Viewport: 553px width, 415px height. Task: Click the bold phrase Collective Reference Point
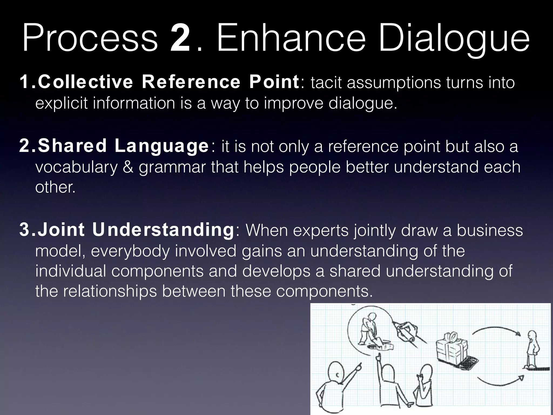coord(167,82)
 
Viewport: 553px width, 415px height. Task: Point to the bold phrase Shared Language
coord(123,146)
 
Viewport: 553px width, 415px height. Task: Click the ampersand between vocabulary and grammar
coord(128,167)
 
